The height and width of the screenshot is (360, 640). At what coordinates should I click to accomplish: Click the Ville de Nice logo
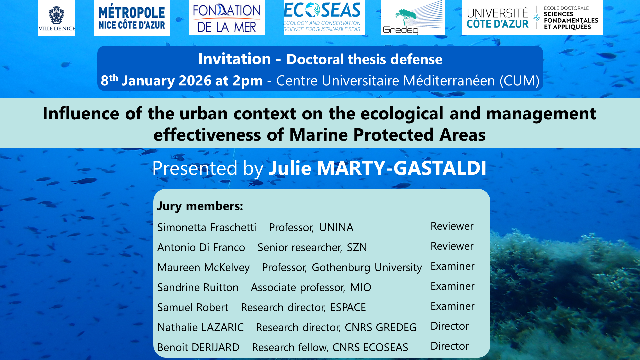click(x=57, y=18)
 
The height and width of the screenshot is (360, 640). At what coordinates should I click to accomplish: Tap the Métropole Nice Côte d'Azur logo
click(x=132, y=18)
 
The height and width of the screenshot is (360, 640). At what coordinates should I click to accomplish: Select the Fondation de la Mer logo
click(x=227, y=18)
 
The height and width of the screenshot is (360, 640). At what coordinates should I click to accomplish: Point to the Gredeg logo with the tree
click(x=413, y=18)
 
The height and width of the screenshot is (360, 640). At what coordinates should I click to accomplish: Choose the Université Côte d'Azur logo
click(x=532, y=18)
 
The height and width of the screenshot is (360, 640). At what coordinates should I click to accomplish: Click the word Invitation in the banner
click(x=235, y=59)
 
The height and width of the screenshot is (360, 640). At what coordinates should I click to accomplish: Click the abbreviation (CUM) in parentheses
click(x=519, y=81)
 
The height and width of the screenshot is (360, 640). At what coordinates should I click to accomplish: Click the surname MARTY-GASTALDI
click(x=402, y=168)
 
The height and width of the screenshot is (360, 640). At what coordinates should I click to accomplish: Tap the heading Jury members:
click(x=200, y=206)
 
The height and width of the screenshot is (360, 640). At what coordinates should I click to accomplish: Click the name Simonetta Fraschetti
click(x=207, y=227)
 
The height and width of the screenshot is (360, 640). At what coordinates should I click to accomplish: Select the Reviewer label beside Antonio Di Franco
click(x=452, y=246)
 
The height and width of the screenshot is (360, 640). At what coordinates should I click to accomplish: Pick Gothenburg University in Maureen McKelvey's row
click(x=367, y=268)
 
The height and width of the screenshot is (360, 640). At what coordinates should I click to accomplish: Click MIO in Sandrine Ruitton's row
click(x=361, y=287)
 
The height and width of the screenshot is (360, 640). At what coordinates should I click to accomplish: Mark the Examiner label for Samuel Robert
click(x=452, y=306)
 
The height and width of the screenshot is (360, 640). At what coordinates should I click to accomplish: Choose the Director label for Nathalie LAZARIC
click(x=450, y=326)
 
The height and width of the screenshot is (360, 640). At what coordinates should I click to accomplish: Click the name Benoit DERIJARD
click(x=198, y=347)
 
